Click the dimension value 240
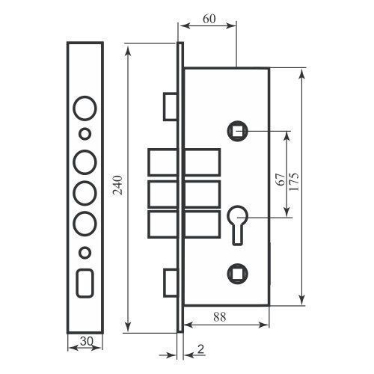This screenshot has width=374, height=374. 117,185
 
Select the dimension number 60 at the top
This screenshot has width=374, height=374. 209,19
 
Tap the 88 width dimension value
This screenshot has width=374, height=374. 220,317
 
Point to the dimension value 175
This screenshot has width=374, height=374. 294,182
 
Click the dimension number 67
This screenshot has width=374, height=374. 281,180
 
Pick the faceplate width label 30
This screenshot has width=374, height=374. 87,341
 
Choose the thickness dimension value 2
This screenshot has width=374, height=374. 200,349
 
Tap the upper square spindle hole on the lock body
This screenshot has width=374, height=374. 237,131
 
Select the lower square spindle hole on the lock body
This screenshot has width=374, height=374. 237,274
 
